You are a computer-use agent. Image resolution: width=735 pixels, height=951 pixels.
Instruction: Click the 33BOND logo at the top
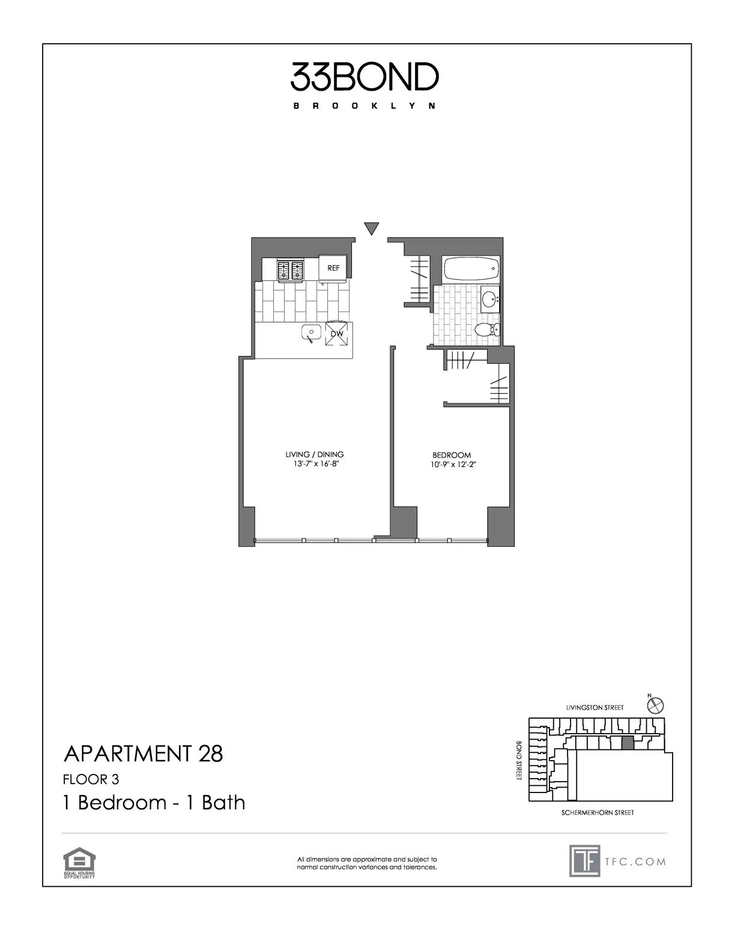pyautogui.click(x=364, y=77)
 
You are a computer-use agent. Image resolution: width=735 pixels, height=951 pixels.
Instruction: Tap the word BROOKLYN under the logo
pyautogui.click(x=364, y=106)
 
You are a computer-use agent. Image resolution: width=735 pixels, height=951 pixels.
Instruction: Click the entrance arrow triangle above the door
pyautogui.click(x=372, y=228)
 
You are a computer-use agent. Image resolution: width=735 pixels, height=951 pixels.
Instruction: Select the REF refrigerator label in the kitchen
pyautogui.click(x=333, y=268)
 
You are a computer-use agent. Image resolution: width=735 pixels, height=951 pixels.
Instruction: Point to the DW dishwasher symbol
pyautogui.click(x=336, y=334)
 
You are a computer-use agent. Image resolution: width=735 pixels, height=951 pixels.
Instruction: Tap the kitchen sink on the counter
pyautogui.click(x=311, y=332)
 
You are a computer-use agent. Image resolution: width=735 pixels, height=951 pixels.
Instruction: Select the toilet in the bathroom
pyautogui.click(x=485, y=330)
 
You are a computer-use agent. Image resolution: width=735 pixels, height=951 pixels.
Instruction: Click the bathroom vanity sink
pyautogui.click(x=491, y=297)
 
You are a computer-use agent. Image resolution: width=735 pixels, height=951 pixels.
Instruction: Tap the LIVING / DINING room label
pyautogui.click(x=315, y=454)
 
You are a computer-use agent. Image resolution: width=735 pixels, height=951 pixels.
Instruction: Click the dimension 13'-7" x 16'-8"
pyautogui.click(x=315, y=464)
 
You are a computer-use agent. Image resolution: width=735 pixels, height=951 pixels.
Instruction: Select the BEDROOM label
pyautogui.click(x=452, y=455)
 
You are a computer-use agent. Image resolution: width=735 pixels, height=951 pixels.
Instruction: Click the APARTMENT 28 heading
pyautogui.click(x=143, y=753)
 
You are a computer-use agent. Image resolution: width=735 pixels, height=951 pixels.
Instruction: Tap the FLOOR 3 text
pyautogui.click(x=91, y=779)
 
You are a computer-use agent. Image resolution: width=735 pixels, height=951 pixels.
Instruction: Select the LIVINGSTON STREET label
pyautogui.click(x=594, y=708)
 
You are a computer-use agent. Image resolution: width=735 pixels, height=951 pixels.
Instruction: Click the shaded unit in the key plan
pyautogui.click(x=627, y=743)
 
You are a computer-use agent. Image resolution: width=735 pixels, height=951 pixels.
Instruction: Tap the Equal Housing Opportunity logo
pyautogui.click(x=79, y=863)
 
